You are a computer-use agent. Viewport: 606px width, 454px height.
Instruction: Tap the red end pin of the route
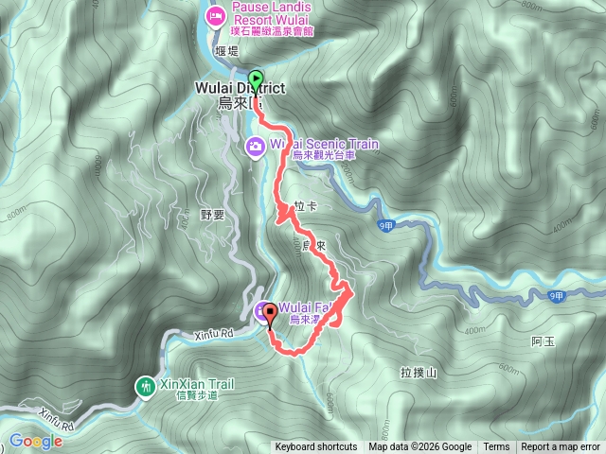click(269, 314)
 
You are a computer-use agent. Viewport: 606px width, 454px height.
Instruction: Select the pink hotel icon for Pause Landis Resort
click(215, 15)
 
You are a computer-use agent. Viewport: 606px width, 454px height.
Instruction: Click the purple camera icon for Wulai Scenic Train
click(255, 146)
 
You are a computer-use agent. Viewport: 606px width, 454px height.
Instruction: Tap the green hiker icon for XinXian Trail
click(145, 386)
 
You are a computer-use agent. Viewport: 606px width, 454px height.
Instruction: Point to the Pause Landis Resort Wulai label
click(276, 15)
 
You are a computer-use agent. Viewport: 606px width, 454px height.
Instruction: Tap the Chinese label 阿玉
click(543, 340)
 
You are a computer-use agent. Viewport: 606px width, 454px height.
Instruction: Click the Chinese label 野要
click(212, 215)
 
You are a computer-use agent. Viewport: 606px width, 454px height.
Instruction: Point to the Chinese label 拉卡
click(305, 205)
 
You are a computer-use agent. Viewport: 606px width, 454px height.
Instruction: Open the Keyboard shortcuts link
click(316, 447)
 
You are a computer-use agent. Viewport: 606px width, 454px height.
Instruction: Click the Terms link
click(496, 447)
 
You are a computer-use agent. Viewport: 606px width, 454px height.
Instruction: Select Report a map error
click(561, 447)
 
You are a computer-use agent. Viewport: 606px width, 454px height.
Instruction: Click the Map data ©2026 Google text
click(420, 447)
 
